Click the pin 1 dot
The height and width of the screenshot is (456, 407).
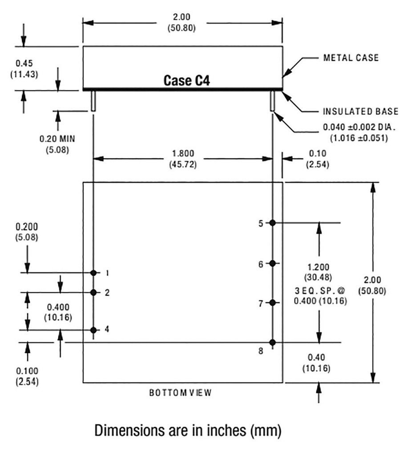[93, 272]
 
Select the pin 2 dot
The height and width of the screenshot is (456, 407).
[93, 292]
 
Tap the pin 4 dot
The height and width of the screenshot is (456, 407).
[93, 330]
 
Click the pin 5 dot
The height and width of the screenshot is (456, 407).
[273, 223]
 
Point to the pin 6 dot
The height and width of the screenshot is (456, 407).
[273, 263]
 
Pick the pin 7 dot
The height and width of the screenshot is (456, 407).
[273, 303]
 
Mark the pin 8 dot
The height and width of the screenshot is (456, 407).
[273, 342]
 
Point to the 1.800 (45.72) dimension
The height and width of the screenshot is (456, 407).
[183, 159]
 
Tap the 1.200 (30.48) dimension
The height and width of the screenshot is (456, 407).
[318, 272]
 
